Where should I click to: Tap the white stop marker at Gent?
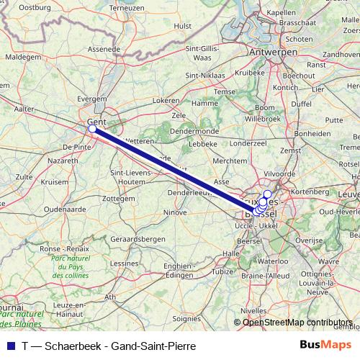click(92, 129)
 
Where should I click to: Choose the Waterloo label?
click(272, 261)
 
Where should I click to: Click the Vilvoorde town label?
click(280, 174)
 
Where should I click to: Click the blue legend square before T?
click(8, 346)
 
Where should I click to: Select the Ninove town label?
click(175, 212)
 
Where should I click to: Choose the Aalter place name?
click(24, 108)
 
